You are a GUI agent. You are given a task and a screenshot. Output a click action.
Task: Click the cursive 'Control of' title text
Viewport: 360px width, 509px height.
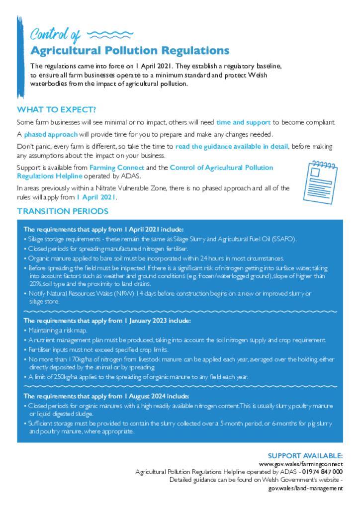pos(55,34)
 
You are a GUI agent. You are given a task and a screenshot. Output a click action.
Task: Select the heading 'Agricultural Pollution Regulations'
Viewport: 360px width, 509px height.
pos(130,51)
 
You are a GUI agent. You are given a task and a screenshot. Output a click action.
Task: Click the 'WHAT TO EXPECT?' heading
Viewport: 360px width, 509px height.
pos(56,109)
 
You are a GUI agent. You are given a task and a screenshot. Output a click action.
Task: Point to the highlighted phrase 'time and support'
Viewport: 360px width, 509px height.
pos(243,122)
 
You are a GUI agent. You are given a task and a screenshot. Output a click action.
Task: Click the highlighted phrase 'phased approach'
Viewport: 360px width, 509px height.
pos(50,134)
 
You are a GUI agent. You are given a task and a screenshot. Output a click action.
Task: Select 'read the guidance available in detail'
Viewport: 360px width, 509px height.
pos(232,147)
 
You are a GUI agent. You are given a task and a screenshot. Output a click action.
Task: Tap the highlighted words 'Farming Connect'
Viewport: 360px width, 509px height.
pos(116,168)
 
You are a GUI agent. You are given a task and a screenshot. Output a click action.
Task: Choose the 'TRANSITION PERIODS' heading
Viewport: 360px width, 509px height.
pos(63,211)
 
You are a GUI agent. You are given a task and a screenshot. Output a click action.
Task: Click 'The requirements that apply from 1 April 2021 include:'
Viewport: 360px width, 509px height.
pos(103,229)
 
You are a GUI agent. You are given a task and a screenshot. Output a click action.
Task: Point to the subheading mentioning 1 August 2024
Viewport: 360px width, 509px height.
pos(106,396)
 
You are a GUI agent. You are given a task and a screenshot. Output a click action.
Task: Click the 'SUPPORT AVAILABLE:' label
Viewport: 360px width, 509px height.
pos(305,455)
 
